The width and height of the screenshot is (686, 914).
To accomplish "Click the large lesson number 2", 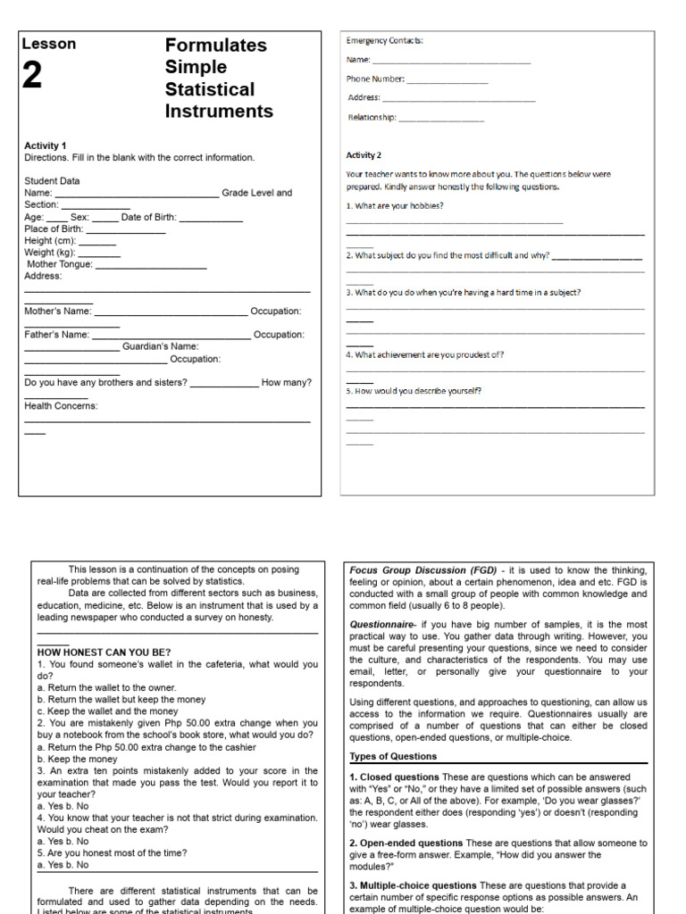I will pos(32,77).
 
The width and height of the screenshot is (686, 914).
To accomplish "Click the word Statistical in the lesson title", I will pos(210,89).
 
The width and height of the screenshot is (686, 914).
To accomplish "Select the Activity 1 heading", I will pos(46,145).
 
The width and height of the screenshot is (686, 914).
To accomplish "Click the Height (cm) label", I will pos(50,241).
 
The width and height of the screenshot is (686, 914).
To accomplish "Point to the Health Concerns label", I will pos(61,406).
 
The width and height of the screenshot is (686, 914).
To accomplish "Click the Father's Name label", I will pos(57,335).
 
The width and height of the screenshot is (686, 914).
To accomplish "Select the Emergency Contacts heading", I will pos(385,40).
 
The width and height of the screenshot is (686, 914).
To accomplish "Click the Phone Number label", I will pos(375,79).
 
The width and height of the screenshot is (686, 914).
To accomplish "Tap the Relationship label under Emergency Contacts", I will pos(372,117).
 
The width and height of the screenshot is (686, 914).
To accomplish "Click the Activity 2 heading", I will pos(364,155).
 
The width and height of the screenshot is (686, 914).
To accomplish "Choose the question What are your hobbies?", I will pos(395,206).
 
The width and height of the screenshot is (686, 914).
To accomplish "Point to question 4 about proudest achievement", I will pos(425,354).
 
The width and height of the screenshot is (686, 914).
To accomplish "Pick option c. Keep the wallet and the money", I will pos(107,711).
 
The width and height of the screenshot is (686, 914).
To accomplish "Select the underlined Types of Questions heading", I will pos(393,756).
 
